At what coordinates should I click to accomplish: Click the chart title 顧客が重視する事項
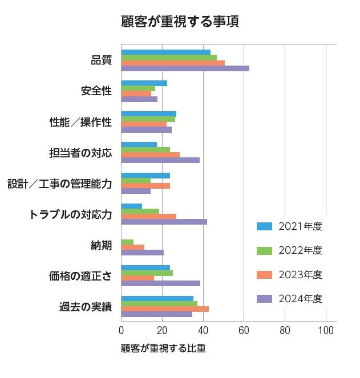[x=180, y=22]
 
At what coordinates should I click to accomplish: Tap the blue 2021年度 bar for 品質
[x=165, y=52]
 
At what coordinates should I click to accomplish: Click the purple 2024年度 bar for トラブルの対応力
[x=164, y=222]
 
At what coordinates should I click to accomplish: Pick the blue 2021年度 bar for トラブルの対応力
[x=131, y=206]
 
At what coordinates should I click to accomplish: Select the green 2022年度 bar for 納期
[x=127, y=242]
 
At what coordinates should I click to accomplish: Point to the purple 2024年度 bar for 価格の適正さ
[x=160, y=283]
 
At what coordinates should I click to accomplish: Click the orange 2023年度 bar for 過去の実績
[x=165, y=308]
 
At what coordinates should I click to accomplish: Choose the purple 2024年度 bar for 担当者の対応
[x=160, y=160]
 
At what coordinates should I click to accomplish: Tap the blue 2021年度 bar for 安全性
[x=144, y=83]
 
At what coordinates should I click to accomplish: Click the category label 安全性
[x=96, y=91]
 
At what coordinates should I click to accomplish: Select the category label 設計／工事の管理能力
[x=59, y=184]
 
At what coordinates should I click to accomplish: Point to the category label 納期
[x=101, y=245]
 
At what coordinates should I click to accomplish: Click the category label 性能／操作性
[x=80, y=122]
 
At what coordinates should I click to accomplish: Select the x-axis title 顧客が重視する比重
[x=163, y=348]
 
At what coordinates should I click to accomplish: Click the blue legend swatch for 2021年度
[x=264, y=226]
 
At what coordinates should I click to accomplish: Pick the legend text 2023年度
[x=301, y=275]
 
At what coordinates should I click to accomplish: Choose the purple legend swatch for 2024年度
[x=264, y=299]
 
